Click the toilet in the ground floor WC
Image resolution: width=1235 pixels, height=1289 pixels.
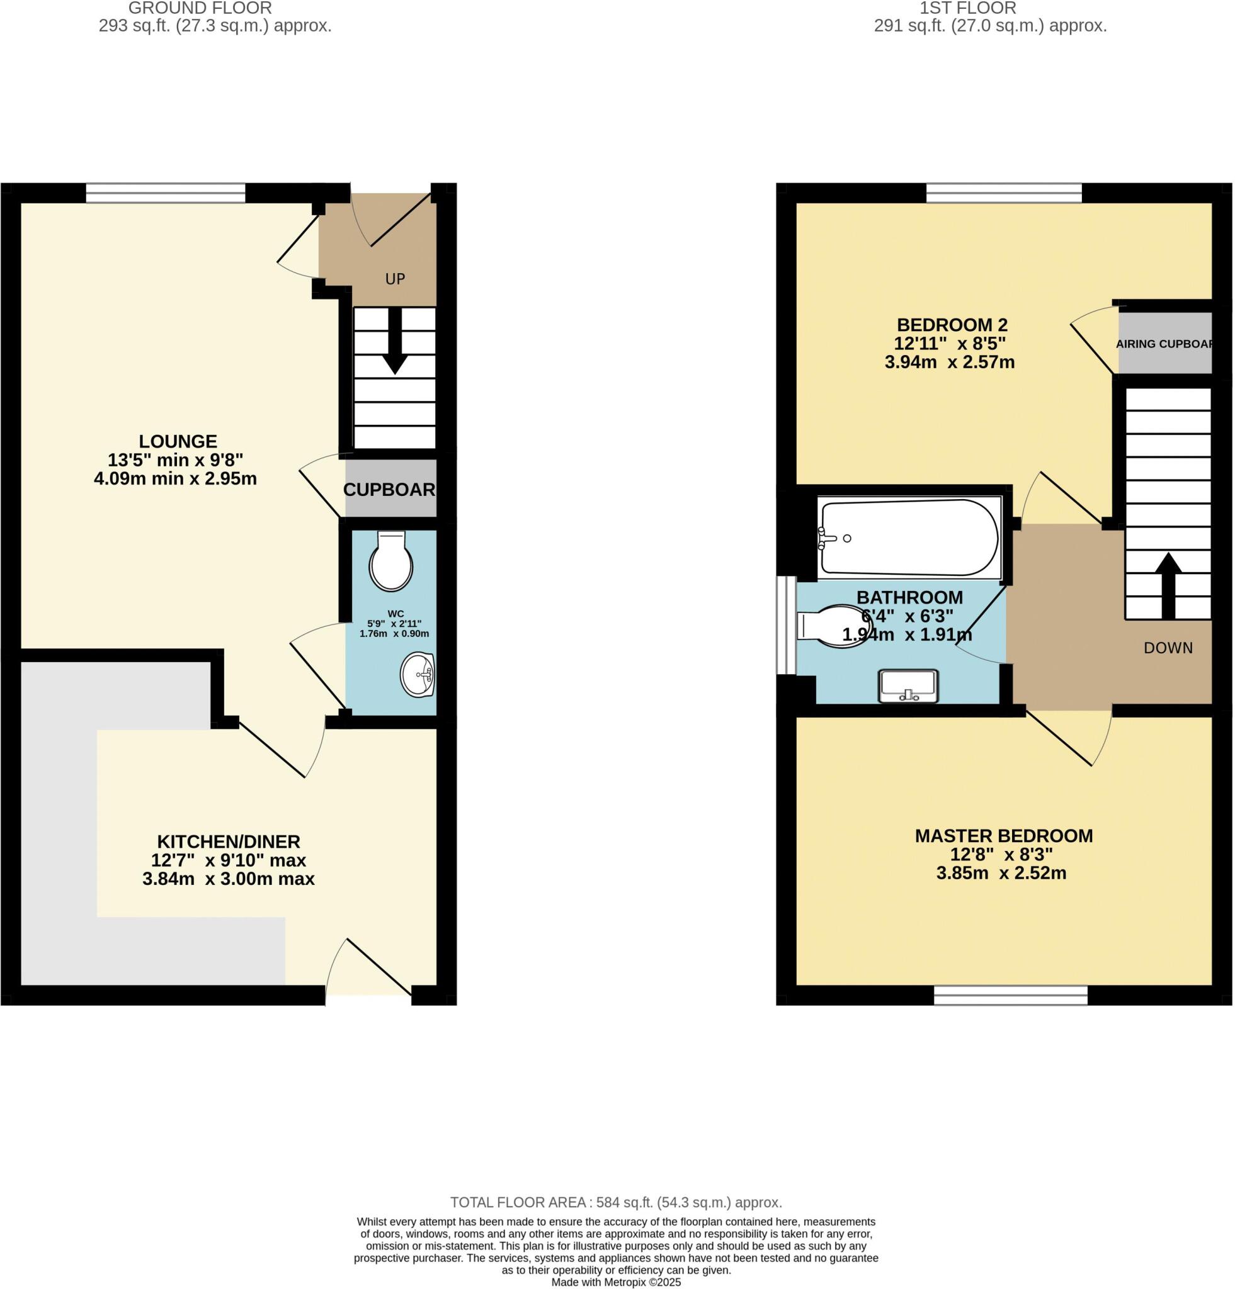pyautogui.click(x=391, y=561)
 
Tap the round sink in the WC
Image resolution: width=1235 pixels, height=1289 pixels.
pyautogui.click(x=418, y=674)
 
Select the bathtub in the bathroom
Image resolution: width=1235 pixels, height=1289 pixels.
pyautogui.click(x=908, y=538)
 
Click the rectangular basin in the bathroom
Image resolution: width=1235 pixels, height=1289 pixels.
pyautogui.click(x=908, y=685)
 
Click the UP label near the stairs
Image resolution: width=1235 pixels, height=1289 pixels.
pyautogui.click(x=395, y=279)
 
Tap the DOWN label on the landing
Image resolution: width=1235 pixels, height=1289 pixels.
pyautogui.click(x=1168, y=648)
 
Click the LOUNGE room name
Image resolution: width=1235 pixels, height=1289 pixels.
pyautogui.click(x=178, y=441)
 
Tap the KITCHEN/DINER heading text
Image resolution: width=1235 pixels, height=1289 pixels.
pyautogui.click(x=229, y=841)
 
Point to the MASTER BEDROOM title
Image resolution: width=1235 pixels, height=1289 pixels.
pyautogui.click(x=1003, y=836)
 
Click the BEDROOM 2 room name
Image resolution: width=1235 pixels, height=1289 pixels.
pyautogui.click(x=952, y=325)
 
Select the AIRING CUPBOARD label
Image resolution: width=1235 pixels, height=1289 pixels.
pyautogui.click(x=1163, y=344)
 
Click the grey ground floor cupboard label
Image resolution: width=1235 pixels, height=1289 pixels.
pyautogui.click(x=389, y=489)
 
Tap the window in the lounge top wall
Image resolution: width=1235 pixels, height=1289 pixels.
pyautogui.click(x=165, y=193)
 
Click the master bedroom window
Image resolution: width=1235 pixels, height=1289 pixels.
pyautogui.click(x=1010, y=995)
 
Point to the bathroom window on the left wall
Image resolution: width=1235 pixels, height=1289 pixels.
pyautogui.click(x=785, y=626)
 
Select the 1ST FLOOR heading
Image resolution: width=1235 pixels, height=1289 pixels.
pyautogui.click(x=967, y=9)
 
